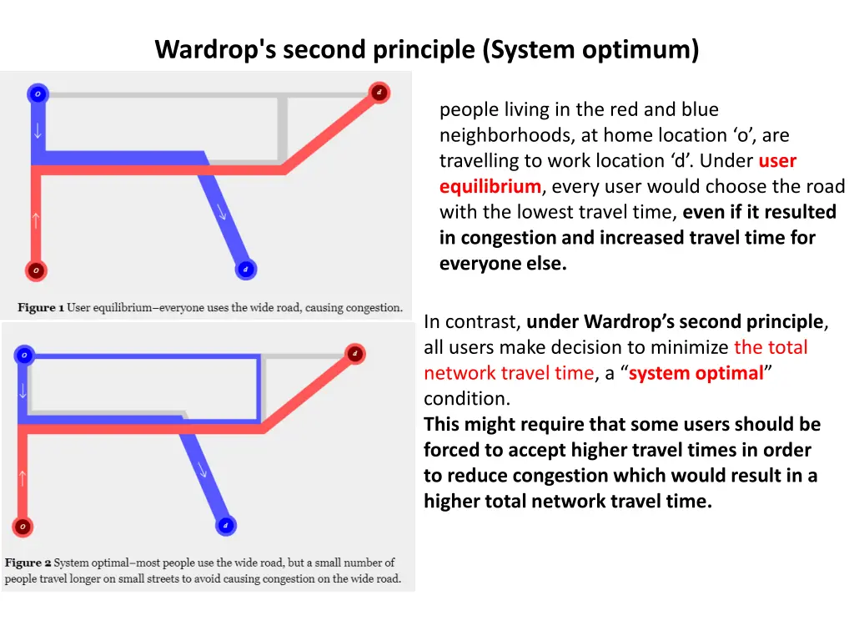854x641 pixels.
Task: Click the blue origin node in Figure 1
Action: (37, 94)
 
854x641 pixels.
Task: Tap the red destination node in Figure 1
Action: (379, 92)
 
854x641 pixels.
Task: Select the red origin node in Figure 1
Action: (35, 270)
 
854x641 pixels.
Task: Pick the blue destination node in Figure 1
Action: (245, 270)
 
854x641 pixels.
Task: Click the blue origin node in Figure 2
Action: (24, 356)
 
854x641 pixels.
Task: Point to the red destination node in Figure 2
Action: (354, 354)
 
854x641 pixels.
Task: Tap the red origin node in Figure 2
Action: (23, 527)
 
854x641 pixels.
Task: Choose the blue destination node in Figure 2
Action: (225, 526)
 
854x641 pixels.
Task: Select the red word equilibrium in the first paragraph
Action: (490, 186)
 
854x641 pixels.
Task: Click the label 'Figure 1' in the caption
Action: (41, 308)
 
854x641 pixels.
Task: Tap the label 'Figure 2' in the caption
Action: (28, 563)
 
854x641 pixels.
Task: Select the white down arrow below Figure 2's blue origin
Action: (23, 391)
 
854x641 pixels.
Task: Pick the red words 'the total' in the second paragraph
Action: (771, 347)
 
